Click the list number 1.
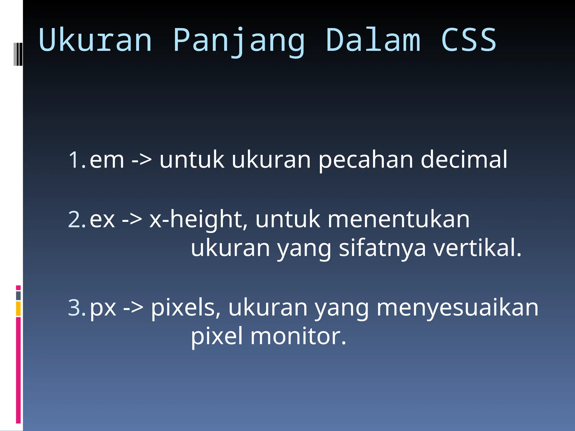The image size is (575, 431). (x=77, y=160)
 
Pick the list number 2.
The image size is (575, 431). (x=77, y=219)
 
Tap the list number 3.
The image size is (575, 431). (x=77, y=308)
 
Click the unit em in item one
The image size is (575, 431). (x=107, y=160)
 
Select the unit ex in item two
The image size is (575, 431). (x=102, y=219)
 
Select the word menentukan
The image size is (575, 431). (x=399, y=219)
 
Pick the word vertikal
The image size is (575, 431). (x=477, y=248)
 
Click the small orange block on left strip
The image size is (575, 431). (x=18, y=309)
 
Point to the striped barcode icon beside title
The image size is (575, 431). (x=18, y=54)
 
